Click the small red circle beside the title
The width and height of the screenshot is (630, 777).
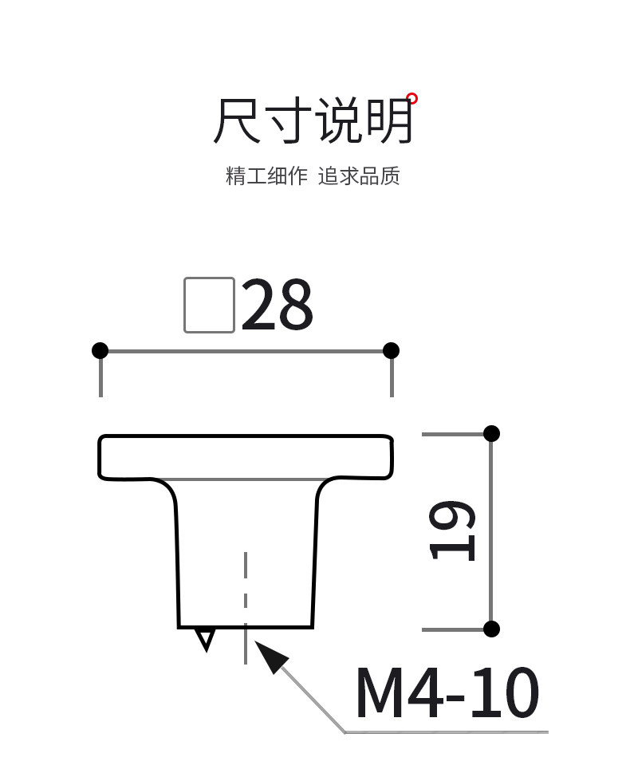(x=412, y=99)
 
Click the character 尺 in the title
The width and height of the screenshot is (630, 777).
(x=237, y=121)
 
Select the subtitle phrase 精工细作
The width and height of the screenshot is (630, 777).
(x=266, y=176)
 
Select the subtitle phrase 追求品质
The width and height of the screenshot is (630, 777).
(x=359, y=176)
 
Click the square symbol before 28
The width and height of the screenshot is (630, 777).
(x=209, y=305)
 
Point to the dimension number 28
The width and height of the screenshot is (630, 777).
(x=277, y=306)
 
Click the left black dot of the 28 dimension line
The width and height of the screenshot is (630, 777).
(x=100, y=350)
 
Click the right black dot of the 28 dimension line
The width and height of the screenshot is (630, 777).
(x=391, y=350)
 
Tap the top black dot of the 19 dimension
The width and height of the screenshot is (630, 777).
(x=491, y=433)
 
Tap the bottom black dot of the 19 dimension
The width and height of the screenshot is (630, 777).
(x=491, y=629)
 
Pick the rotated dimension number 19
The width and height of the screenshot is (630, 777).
(x=454, y=530)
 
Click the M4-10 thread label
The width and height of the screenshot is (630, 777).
(x=447, y=692)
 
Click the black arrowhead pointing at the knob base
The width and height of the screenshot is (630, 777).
(x=271, y=657)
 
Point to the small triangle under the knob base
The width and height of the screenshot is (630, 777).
(x=206, y=638)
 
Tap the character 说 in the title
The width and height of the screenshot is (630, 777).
(x=340, y=121)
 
